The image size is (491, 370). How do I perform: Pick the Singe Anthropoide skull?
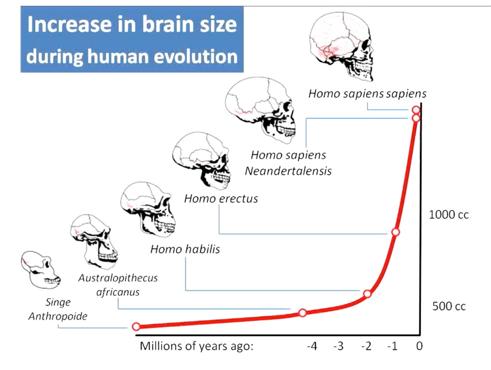41,270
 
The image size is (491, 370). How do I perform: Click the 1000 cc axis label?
448,215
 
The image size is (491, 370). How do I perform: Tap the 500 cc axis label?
449,306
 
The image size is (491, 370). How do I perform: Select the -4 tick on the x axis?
312,346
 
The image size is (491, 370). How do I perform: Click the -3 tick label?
339,346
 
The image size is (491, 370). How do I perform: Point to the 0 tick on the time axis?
419,346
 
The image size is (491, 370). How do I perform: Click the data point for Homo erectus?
396,232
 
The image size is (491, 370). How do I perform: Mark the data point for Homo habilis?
367,294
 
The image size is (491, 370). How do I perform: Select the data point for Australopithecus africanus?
303,313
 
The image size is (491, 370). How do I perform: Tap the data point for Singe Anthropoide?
136,326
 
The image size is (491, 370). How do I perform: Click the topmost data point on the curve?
416,110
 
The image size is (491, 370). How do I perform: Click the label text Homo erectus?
221,198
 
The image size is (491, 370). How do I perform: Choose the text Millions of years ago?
196,346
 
